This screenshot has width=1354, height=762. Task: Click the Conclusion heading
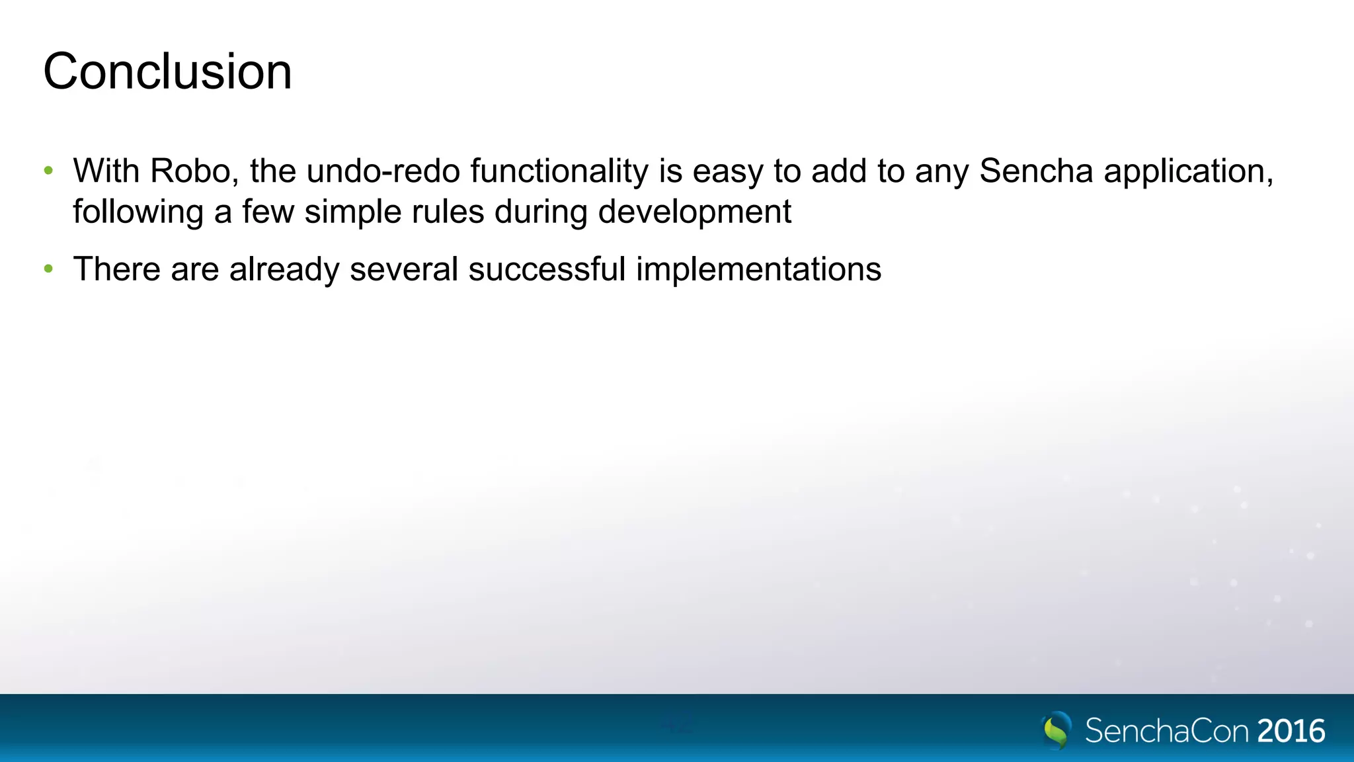(x=167, y=71)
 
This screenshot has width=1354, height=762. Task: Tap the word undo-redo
(x=383, y=171)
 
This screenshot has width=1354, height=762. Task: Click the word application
(x=1188, y=171)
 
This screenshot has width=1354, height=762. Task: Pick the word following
(x=138, y=212)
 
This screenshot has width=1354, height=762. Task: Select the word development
(x=694, y=212)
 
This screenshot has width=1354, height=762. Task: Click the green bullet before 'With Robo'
(x=48, y=171)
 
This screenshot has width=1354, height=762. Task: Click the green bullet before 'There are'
(x=48, y=269)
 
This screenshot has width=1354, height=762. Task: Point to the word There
(x=116, y=269)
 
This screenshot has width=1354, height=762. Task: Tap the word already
(x=284, y=269)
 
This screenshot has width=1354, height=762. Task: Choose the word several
(x=403, y=269)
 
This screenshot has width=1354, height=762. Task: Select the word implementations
(x=758, y=269)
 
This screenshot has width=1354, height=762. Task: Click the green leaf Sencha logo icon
(x=1056, y=730)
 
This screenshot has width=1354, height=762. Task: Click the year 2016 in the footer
(x=1291, y=731)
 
